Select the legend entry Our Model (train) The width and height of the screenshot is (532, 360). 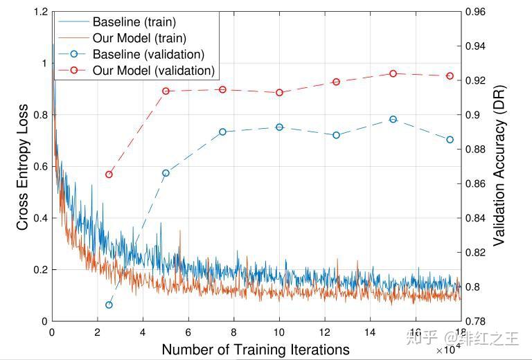pyautogui.click(x=139, y=38)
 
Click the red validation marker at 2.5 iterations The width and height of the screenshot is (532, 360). pyautogui.click(x=109, y=174)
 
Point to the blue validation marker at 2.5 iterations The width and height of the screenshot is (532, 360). pyautogui.click(x=109, y=305)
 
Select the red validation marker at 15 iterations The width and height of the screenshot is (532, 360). pyautogui.click(x=393, y=73)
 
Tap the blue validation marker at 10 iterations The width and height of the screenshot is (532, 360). pyautogui.click(x=279, y=127)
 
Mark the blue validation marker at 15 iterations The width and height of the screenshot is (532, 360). pyautogui.click(x=393, y=119)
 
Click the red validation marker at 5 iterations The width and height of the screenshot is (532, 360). pyautogui.click(x=166, y=91)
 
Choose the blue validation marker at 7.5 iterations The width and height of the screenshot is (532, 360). pyautogui.click(x=222, y=132)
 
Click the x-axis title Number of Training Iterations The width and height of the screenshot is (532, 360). pyautogui.click(x=255, y=350)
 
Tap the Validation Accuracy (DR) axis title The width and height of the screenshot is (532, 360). pyautogui.click(x=499, y=167)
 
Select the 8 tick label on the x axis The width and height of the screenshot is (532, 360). pyautogui.click(x=233, y=333)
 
